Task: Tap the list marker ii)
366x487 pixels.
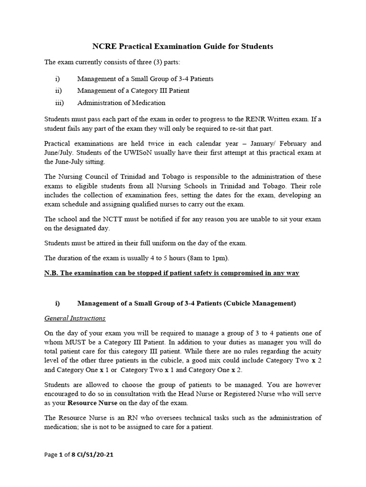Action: tap(59, 90)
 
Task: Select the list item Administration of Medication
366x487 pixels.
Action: tap(121, 103)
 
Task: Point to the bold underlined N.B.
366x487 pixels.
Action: tap(53, 274)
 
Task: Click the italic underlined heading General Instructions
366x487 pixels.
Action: tap(75, 318)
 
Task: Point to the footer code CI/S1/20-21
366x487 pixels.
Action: tap(95, 455)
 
